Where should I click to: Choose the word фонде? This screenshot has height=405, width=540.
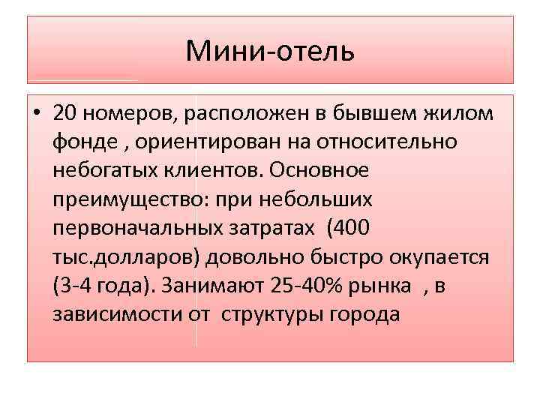pos(82,142)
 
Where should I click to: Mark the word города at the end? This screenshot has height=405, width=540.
pos(363,313)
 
